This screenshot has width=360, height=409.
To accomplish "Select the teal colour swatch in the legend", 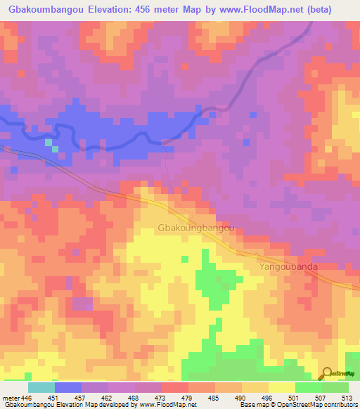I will tap(41, 387).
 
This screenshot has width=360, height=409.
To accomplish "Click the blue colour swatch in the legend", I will tap(68, 387).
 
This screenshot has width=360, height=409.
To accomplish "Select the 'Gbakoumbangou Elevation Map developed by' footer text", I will tap(67, 404).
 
